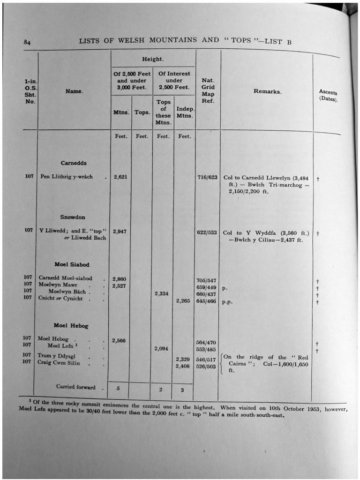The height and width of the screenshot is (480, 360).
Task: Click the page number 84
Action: pos(27,43)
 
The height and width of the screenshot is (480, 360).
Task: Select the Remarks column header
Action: pos(268,91)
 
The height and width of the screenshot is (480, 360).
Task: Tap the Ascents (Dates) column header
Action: pos(328,96)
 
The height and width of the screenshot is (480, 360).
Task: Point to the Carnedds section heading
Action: pos(74,163)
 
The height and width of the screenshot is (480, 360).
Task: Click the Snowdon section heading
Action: pos(73,217)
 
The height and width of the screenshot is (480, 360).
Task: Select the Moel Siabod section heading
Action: pos(72,264)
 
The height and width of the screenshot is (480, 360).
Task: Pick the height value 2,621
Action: pos(120,177)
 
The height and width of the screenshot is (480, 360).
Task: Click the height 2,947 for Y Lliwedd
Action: pos(120,231)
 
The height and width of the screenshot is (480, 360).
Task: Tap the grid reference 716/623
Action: pos(208,178)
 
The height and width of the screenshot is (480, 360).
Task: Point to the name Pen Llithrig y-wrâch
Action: pos(66,177)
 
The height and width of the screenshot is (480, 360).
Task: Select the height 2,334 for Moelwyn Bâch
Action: pos(162,294)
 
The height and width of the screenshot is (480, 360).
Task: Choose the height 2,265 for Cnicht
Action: pos(183,301)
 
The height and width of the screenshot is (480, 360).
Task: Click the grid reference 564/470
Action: pos(206,343)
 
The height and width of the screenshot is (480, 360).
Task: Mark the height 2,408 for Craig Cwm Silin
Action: pos(182,366)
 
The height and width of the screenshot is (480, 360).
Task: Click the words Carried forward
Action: pos(75,387)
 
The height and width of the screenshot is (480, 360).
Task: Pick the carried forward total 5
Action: pos(118,389)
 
